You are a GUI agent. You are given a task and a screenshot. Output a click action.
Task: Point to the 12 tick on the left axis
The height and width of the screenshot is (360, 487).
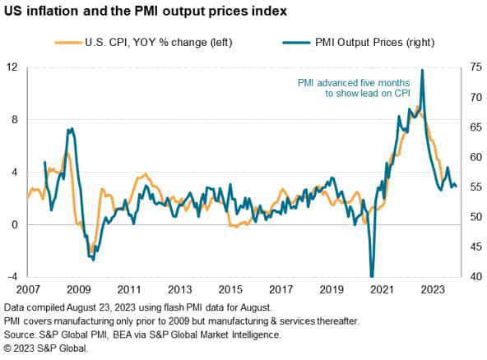(12, 67)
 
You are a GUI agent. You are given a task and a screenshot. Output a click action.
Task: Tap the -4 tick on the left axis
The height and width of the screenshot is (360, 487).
(12, 277)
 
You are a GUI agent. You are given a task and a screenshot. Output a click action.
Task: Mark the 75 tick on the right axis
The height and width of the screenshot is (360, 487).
(476, 67)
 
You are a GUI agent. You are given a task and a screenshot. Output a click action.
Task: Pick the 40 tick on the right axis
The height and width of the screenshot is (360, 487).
(476, 277)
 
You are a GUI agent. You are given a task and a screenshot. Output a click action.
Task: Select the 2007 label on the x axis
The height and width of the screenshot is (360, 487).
(27, 290)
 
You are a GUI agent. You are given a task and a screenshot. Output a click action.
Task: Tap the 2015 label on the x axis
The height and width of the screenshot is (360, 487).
(230, 290)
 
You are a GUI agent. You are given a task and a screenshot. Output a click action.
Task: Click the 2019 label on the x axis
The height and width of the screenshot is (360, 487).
(332, 290)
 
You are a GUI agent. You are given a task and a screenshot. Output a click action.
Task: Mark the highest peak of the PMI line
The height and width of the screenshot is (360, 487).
(422, 71)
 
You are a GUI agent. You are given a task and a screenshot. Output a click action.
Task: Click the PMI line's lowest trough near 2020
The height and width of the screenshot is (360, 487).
(372, 275)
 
